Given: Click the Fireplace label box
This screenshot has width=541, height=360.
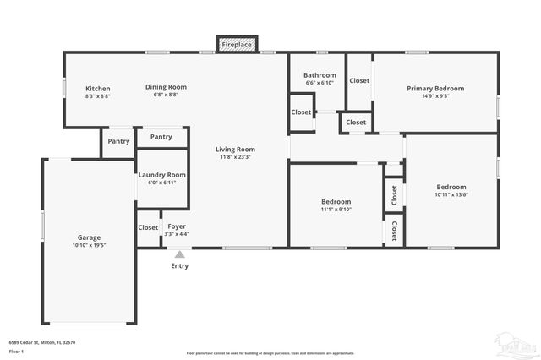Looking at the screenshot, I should (x=236, y=44).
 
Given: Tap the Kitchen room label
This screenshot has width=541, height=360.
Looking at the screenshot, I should (x=98, y=88).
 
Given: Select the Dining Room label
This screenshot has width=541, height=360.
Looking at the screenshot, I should (x=166, y=87).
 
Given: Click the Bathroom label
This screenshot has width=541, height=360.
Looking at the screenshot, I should (x=319, y=75).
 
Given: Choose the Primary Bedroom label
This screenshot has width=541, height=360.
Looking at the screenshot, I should (x=435, y=88).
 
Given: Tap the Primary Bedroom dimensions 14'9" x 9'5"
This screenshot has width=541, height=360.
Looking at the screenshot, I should (x=435, y=95).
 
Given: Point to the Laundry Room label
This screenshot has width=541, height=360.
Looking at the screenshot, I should (x=161, y=175).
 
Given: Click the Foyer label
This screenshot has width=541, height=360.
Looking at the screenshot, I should (x=176, y=226).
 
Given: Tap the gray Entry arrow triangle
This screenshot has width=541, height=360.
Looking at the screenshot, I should (x=179, y=253).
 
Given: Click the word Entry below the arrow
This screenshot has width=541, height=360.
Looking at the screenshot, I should (x=180, y=265).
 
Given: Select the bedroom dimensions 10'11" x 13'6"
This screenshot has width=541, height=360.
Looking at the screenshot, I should (x=451, y=194).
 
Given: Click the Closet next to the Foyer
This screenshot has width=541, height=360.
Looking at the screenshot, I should (x=148, y=227).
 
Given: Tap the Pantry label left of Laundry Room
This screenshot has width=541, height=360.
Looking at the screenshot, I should (x=118, y=141).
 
